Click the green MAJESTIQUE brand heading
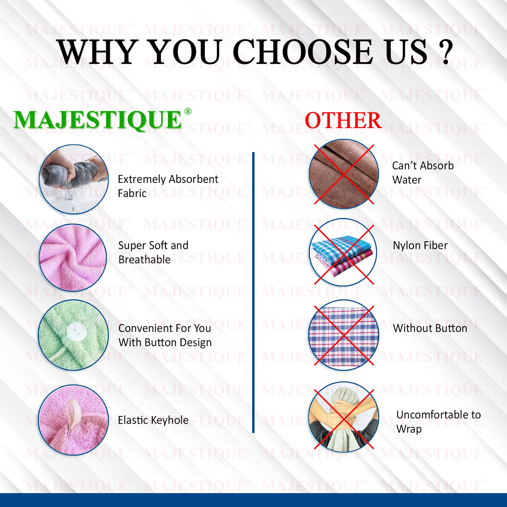(x=98, y=120)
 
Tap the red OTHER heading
(x=343, y=121)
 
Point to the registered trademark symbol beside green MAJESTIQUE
(x=188, y=112)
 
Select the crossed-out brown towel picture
(x=344, y=174)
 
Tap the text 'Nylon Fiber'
(x=420, y=245)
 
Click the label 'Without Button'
(x=430, y=328)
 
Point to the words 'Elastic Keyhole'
(x=153, y=420)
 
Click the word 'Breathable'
(x=145, y=260)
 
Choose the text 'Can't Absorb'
(x=423, y=166)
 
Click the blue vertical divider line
(x=253, y=292)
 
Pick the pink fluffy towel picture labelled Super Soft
(x=73, y=258)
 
